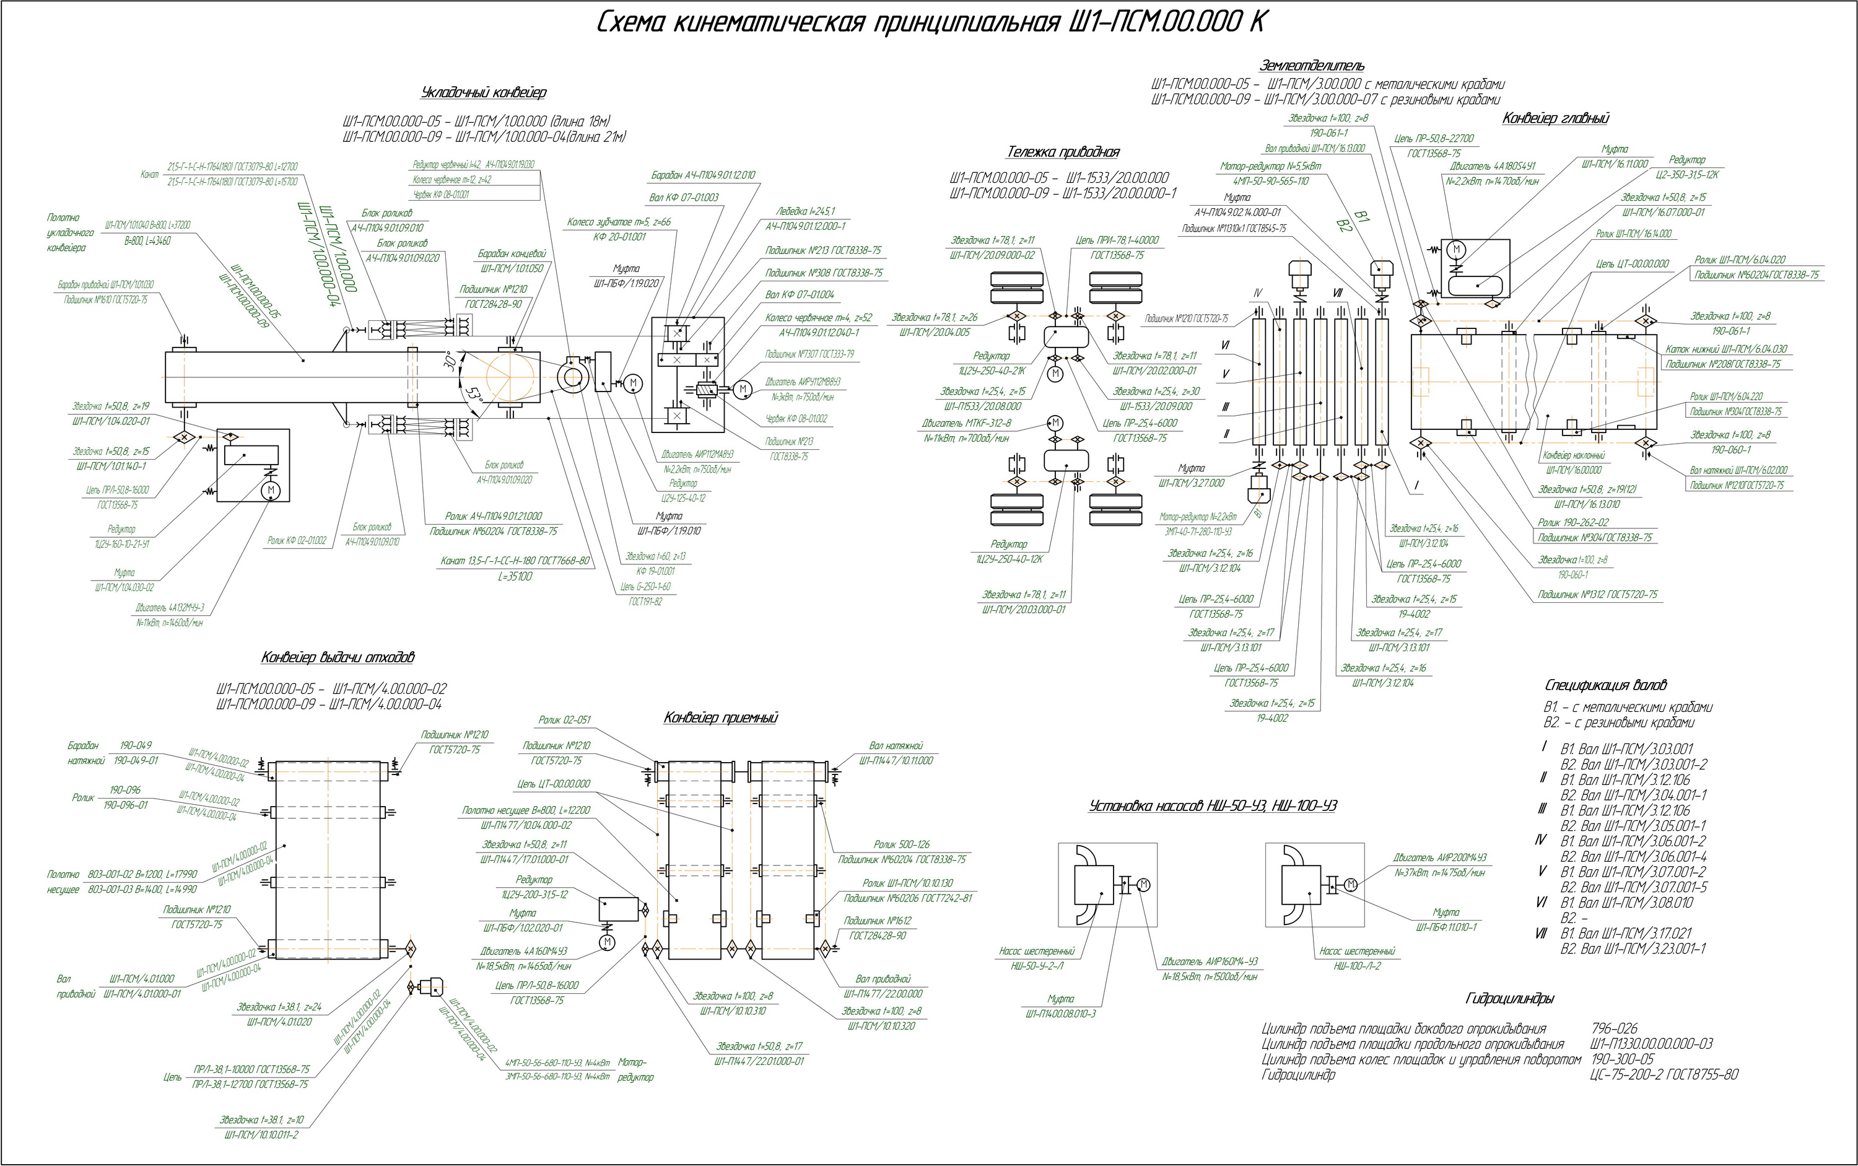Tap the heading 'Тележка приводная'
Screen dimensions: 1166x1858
[1063, 152]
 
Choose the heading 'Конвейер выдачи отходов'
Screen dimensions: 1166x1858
[337, 658]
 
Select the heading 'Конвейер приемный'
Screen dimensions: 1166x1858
[720, 718]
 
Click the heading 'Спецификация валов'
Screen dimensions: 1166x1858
[1607, 685]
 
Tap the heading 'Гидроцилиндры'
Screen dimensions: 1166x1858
[1509, 999]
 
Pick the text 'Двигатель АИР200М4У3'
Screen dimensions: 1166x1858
[1439, 857]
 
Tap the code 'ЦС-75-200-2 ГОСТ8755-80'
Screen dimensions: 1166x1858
[1664, 1075]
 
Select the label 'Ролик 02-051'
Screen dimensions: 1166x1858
[564, 721]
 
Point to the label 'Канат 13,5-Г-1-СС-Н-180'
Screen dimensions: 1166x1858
[517, 561]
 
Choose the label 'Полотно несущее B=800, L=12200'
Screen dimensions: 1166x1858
[526, 810]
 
